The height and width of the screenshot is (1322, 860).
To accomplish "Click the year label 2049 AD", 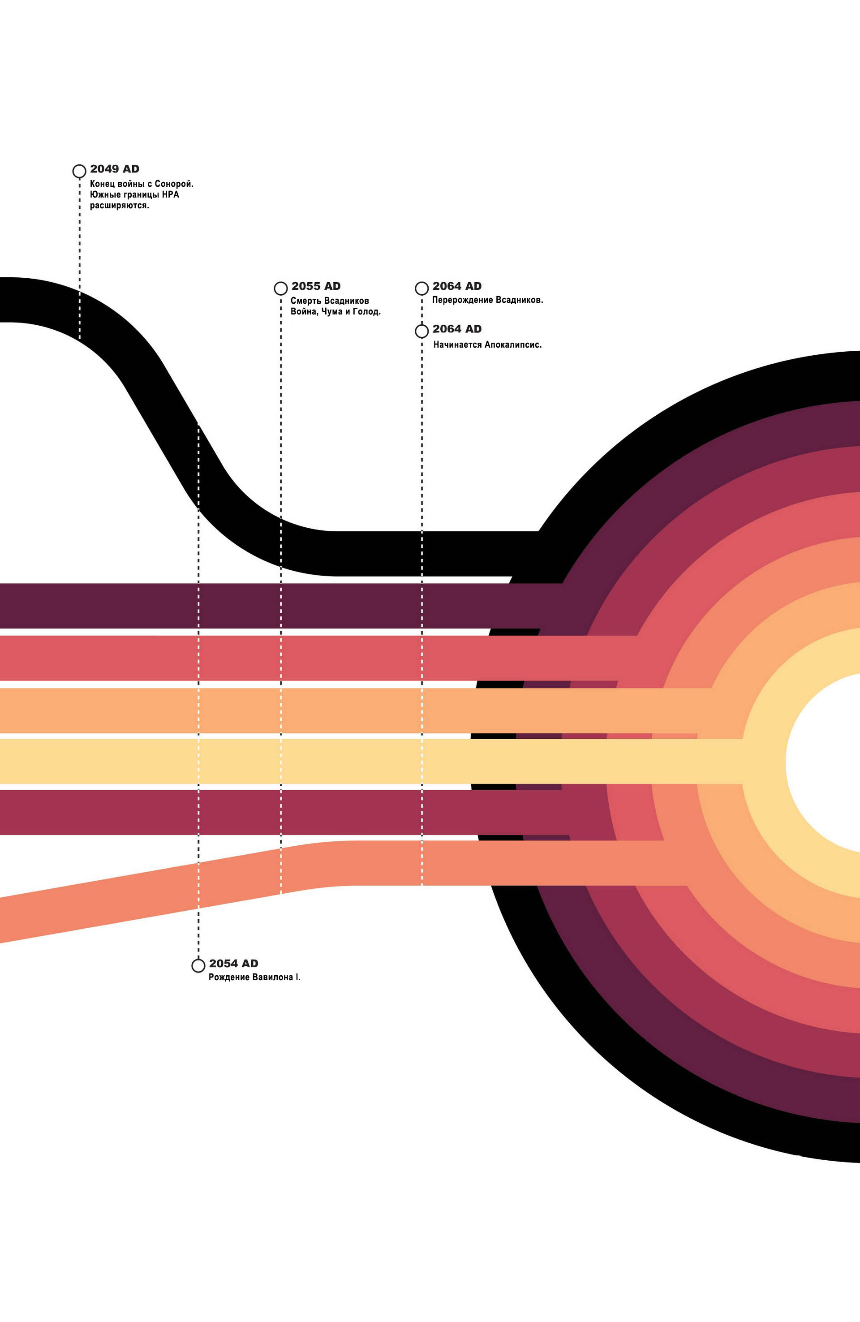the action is coord(115,169).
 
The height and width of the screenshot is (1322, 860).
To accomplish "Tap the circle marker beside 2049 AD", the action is coord(79,171).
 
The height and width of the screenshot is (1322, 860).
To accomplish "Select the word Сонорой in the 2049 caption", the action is coord(174,184).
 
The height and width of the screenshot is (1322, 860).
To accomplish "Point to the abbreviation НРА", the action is coord(171,194).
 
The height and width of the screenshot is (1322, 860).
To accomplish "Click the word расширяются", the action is coord(120,206).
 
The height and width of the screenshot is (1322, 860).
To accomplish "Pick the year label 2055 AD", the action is coord(316,286).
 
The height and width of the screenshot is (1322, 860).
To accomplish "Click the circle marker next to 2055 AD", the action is coord(280,289).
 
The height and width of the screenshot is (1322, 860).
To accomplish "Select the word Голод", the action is coord(367,312).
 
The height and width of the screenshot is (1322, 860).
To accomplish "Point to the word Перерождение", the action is coord(463,300).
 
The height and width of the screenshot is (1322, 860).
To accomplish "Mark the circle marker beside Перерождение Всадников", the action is coord(421,289).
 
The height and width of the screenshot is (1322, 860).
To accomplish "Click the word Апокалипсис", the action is coord(513,344).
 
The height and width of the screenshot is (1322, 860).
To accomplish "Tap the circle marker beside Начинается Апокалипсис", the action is coord(421,331).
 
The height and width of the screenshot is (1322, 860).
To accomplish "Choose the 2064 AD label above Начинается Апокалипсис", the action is coord(457,329).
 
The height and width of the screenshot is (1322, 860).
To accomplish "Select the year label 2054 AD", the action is coord(233,964).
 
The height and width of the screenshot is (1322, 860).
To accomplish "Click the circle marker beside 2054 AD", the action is coord(198,966).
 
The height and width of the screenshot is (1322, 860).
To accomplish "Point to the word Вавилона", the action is coord(273,977).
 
